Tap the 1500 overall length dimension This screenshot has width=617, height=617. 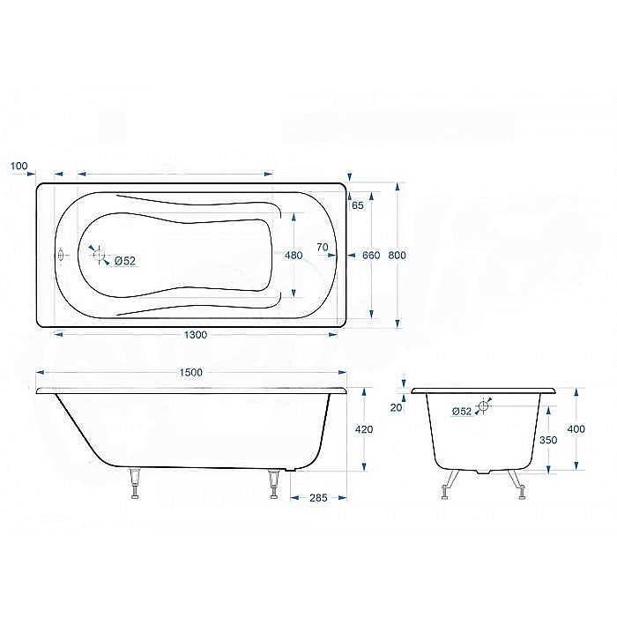pyautogui.click(x=190, y=372)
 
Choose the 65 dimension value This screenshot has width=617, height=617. pyautogui.click(x=357, y=206)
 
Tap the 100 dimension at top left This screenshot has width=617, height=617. pyautogui.click(x=19, y=166)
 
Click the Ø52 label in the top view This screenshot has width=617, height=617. pyautogui.click(x=124, y=260)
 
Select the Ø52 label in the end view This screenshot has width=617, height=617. pyautogui.click(x=461, y=411)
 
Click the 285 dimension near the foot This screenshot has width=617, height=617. pyautogui.click(x=318, y=499)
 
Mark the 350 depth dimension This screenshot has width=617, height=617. pyautogui.click(x=547, y=438)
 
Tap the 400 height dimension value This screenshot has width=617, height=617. pyautogui.click(x=576, y=429)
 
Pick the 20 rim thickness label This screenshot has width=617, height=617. pyautogui.click(x=396, y=407)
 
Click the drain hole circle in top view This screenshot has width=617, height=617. pyautogui.click(x=99, y=256)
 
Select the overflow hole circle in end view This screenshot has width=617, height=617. pyautogui.click(x=483, y=407)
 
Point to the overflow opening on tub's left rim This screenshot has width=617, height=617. pyautogui.click(x=61, y=256)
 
